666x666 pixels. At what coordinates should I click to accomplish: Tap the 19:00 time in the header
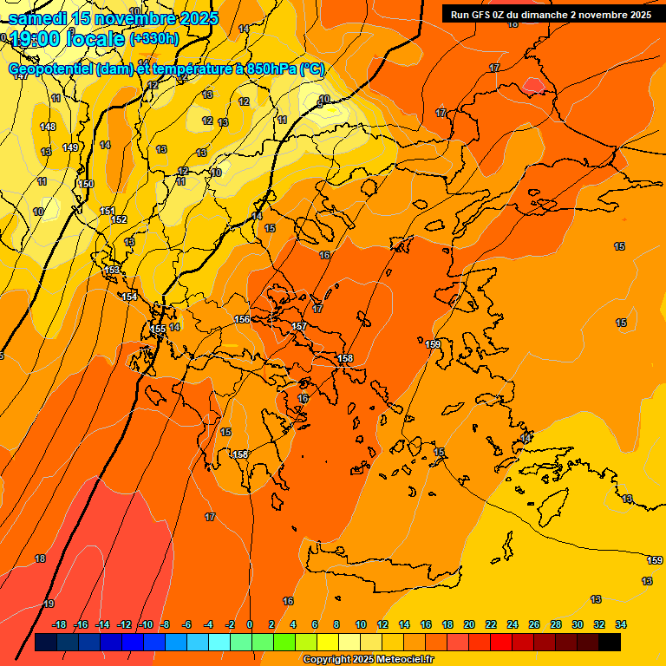[35, 38]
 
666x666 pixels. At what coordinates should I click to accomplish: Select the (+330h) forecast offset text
[154, 39]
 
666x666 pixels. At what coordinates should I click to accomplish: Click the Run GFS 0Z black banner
[551, 14]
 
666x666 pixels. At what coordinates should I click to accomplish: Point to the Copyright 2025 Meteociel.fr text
[368, 660]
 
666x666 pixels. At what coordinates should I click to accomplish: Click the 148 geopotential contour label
[48, 127]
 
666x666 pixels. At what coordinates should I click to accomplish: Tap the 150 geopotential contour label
[86, 184]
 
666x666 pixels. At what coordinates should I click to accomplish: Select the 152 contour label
[119, 219]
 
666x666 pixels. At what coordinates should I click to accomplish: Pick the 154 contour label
[129, 297]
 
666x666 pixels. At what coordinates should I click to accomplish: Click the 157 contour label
[299, 326]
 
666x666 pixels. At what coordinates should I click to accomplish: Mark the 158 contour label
[345, 358]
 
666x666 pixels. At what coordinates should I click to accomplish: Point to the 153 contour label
[112, 271]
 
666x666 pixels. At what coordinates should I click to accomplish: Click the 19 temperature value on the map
[49, 604]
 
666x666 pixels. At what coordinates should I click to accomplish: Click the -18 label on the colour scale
[59, 624]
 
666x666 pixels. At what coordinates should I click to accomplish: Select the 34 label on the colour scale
[621, 624]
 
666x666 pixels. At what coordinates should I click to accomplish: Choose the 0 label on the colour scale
[250, 624]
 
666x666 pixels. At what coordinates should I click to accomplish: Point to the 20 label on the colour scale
[469, 624]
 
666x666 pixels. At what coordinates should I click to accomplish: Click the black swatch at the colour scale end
[610, 642]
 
